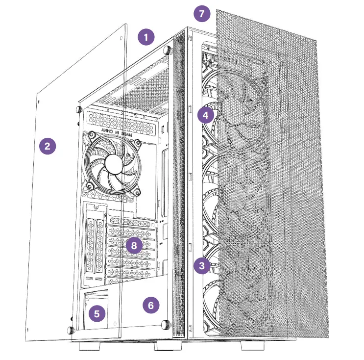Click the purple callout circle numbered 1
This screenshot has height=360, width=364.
tap(146, 37)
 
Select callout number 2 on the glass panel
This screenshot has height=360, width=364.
tap(48, 146)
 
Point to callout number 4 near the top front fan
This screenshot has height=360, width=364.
tap(206, 116)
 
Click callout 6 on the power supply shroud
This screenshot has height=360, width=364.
tap(151, 305)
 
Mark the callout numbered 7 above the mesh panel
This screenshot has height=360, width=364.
tap(201, 13)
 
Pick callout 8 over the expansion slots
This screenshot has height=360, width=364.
tap(133, 245)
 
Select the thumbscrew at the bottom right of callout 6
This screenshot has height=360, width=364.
tap(165, 324)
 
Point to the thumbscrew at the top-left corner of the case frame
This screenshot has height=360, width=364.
tap(78, 108)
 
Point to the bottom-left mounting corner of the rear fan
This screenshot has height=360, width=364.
tap(91, 186)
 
